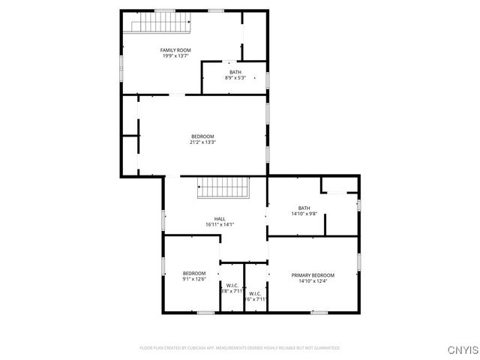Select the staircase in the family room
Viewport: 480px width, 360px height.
(160, 26)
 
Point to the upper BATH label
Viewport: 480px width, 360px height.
(235, 72)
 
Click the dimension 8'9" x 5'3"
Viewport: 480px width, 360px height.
(235, 77)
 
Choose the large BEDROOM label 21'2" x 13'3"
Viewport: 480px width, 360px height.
(202, 136)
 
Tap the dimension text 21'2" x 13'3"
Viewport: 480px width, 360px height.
(202, 142)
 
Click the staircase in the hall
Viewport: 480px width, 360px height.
(222, 188)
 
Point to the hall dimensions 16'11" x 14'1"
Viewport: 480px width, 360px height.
(220, 224)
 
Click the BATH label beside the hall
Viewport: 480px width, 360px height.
(304, 208)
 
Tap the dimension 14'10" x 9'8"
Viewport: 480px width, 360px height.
(304, 214)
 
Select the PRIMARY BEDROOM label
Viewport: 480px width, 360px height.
(313, 275)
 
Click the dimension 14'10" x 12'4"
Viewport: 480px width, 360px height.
(313, 280)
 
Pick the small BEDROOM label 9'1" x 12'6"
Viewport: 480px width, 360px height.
(194, 273)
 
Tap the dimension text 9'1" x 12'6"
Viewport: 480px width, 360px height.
(194, 279)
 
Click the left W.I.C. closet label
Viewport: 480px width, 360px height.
(232, 285)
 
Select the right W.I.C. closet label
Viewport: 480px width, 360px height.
(255, 293)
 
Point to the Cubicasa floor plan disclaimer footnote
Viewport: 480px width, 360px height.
(240, 348)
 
